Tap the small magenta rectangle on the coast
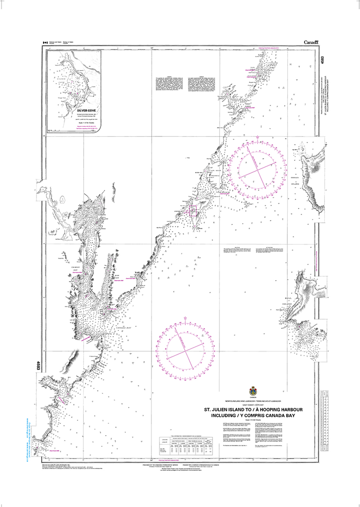pos(193,211)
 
